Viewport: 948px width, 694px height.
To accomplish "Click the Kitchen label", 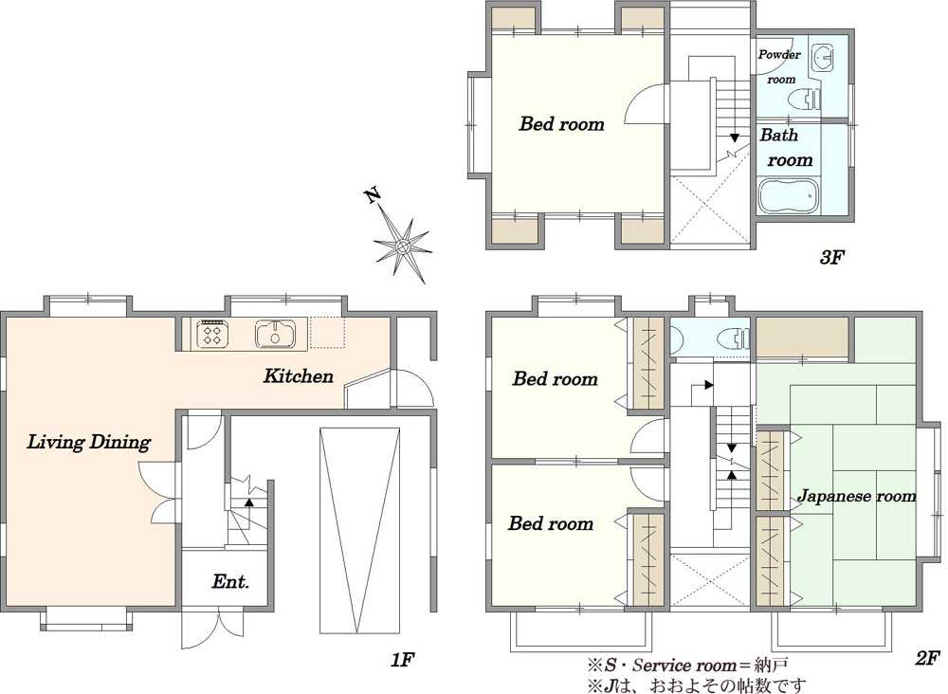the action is pos(298,376).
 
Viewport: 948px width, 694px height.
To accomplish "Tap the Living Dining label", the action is pos(89,442).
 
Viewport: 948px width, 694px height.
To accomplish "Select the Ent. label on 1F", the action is pos(230,581).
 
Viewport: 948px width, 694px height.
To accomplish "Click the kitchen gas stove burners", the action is pos(211,334).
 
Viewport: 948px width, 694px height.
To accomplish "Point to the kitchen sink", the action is pos(275,334).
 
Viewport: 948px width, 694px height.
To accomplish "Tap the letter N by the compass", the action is pos(373,194).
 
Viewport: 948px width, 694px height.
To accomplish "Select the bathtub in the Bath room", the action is pos(788,196).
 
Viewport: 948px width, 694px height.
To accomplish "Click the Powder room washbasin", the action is pos(821,59).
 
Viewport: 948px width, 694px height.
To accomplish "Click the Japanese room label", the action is pos(856,496).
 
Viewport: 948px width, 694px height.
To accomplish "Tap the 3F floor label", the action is pos(830,258).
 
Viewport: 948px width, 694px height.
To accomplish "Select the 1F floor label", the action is pos(402,660).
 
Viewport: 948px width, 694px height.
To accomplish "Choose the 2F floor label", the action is pos(927,658).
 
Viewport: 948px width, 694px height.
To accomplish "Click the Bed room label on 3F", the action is pos(561,124).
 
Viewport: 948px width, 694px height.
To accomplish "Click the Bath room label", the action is pos(786,148).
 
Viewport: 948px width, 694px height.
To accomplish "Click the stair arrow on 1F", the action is pos(248,502).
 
